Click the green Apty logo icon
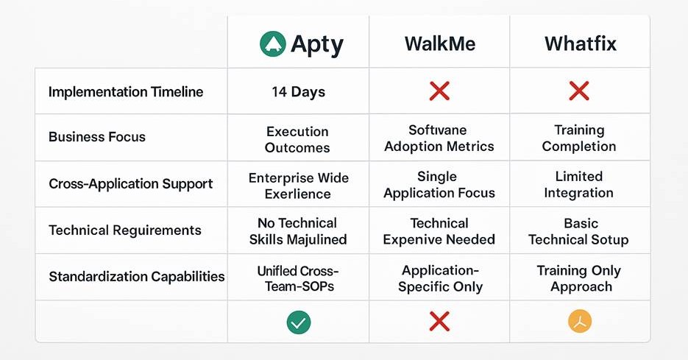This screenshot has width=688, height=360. click(x=273, y=44)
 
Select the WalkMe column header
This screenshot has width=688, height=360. click(x=440, y=44)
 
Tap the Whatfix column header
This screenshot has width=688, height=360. click(x=579, y=44)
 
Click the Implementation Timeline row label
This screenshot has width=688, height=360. click(x=126, y=92)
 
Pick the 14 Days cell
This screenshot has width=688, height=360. click(x=298, y=92)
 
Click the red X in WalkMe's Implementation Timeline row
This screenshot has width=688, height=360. click(x=439, y=91)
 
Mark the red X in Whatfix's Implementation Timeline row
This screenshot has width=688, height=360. click(x=579, y=91)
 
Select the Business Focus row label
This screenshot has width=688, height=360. click(x=97, y=137)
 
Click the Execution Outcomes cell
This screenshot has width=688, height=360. click(x=298, y=139)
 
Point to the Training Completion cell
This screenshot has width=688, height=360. click(x=579, y=138)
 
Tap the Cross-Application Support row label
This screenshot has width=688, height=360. click(x=131, y=183)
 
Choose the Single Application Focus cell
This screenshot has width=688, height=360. click(x=439, y=185)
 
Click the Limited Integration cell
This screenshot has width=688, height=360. click(x=579, y=184)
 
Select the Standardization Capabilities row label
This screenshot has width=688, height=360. click(x=137, y=277)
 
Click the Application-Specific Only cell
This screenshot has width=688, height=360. click(x=440, y=278)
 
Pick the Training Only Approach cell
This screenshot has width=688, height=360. click(x=579, y=278)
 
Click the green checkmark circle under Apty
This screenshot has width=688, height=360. click(x=298, y=321)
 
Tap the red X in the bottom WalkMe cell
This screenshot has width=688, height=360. click(x=439, y=321)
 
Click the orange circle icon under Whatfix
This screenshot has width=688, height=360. click(x=580, y=321)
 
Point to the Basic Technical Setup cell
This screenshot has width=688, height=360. click(x=579, y=231)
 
